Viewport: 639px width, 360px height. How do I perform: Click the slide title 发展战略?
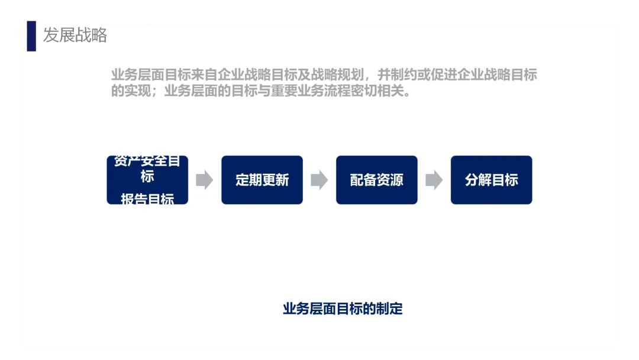75,35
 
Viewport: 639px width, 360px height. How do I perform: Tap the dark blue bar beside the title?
31,36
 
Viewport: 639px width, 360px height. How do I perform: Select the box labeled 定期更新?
262,180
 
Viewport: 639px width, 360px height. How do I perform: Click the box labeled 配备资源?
377,180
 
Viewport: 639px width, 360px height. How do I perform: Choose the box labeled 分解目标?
492,180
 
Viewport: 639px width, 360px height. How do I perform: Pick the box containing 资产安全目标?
147,169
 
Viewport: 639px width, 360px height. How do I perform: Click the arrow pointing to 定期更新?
204,180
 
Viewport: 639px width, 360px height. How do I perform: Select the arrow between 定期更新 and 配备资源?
319,180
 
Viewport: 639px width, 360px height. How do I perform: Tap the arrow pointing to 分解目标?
434,180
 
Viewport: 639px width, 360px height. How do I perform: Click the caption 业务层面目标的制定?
343,308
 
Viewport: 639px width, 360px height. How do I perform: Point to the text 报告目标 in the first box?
147,200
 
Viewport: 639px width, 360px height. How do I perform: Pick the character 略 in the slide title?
99,35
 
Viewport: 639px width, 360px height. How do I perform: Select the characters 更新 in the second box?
276,180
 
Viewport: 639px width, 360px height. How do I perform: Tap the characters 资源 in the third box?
390,180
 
